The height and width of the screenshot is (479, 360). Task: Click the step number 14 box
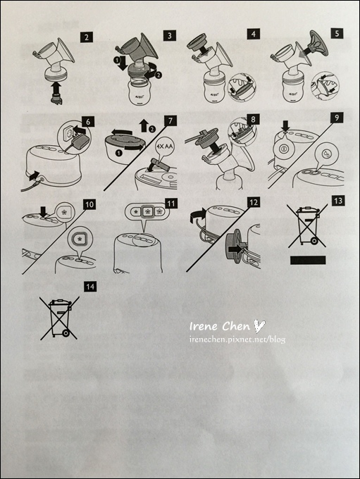point(89,286)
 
